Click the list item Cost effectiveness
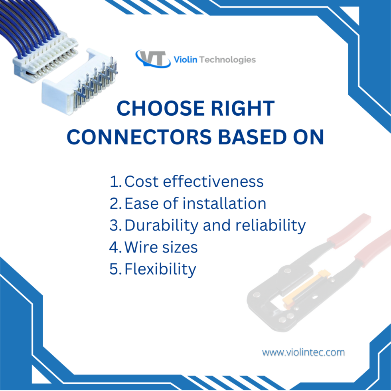(x=194, y=182)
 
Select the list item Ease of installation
(x=195, y=203)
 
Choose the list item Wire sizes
(x=161, y=247)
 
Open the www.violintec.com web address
(x=303, y=352)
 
